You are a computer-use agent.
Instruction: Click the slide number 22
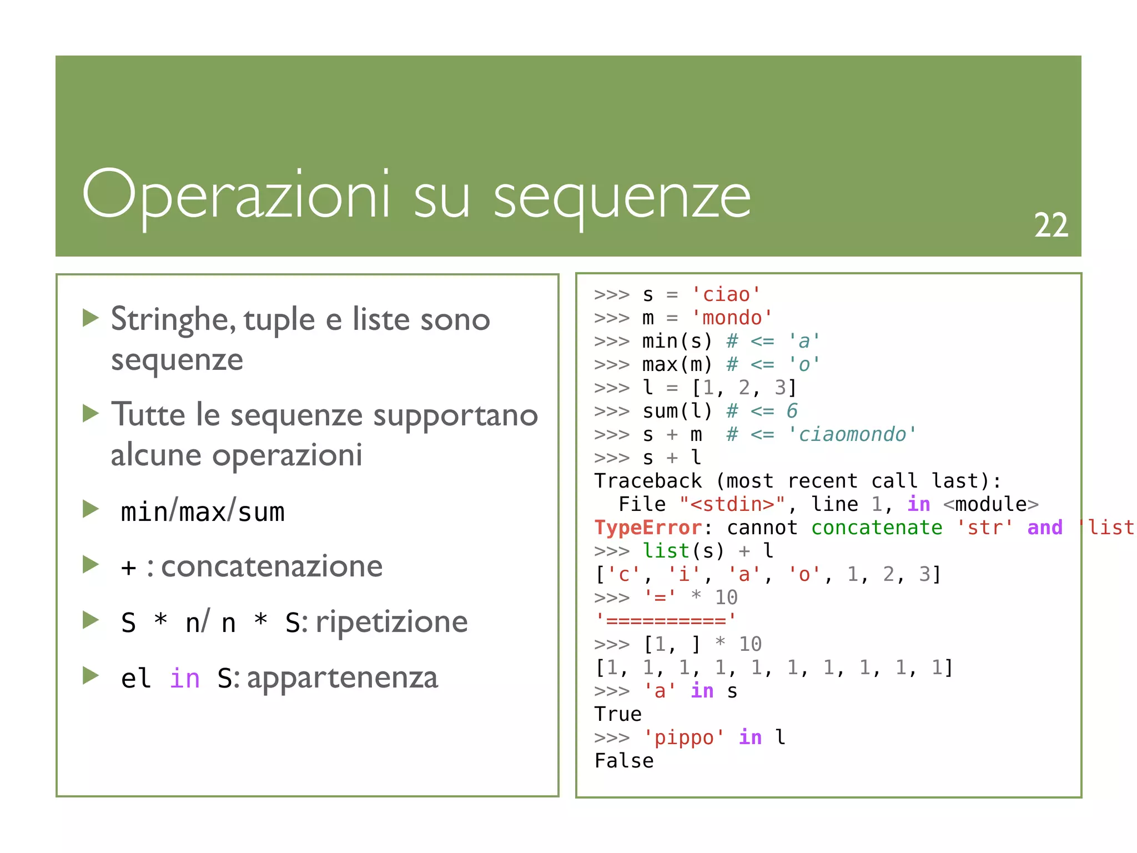1050,225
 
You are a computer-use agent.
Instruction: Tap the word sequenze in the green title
622,198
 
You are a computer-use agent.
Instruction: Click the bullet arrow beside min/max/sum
90,509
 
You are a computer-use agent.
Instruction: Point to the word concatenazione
271,567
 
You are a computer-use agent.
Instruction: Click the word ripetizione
391,622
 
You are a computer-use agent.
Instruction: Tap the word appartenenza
342,678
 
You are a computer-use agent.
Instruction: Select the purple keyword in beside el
184,679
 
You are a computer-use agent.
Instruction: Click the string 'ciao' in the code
726,294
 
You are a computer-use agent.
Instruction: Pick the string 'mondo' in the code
732,318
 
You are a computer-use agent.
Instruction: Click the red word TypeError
648,528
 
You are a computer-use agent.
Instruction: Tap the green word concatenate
876,528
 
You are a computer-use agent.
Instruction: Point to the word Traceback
648,481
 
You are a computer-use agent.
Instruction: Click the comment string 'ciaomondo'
852,434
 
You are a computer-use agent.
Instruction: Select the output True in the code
618,714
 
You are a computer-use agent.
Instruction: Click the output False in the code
624,761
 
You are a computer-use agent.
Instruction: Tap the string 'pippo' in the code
683,737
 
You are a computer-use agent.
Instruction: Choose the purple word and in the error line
1044,528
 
